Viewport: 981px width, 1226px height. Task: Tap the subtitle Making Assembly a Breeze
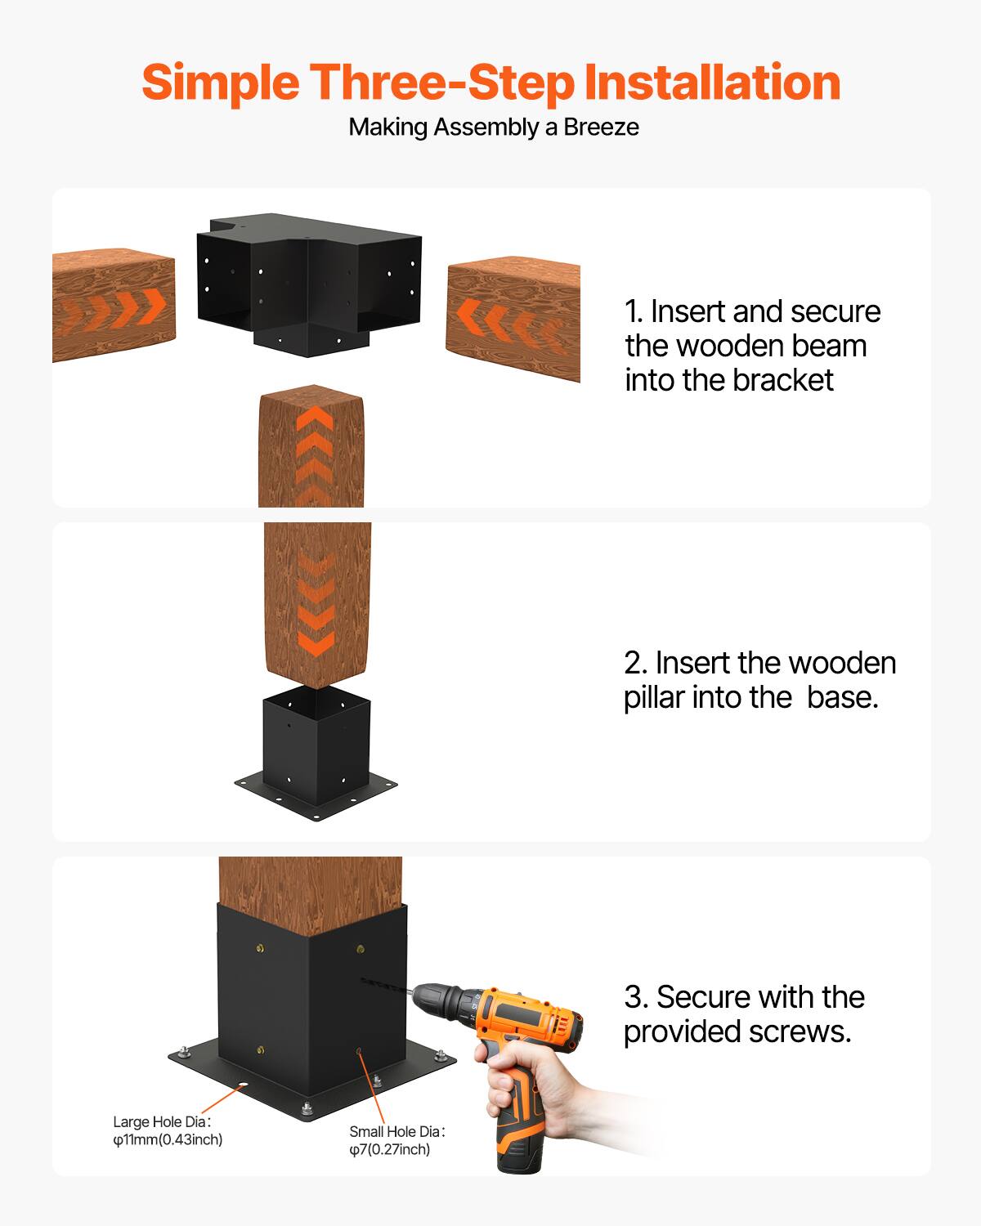coord(493,128)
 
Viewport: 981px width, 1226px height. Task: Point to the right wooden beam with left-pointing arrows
coord(513,320)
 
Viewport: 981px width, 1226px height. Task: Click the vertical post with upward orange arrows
coord(311,445)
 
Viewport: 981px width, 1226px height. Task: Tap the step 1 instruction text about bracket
coord(751,346)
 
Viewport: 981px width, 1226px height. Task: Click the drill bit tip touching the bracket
coord(363,978)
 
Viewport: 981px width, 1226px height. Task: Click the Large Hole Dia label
coord(162,1122)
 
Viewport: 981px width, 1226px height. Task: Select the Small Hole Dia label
coord(396,1132)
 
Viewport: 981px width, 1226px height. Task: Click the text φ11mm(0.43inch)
coord(168,1139)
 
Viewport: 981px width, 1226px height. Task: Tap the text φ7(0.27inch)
coord(389,1150)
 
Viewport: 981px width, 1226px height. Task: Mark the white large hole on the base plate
coord(243,1086)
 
